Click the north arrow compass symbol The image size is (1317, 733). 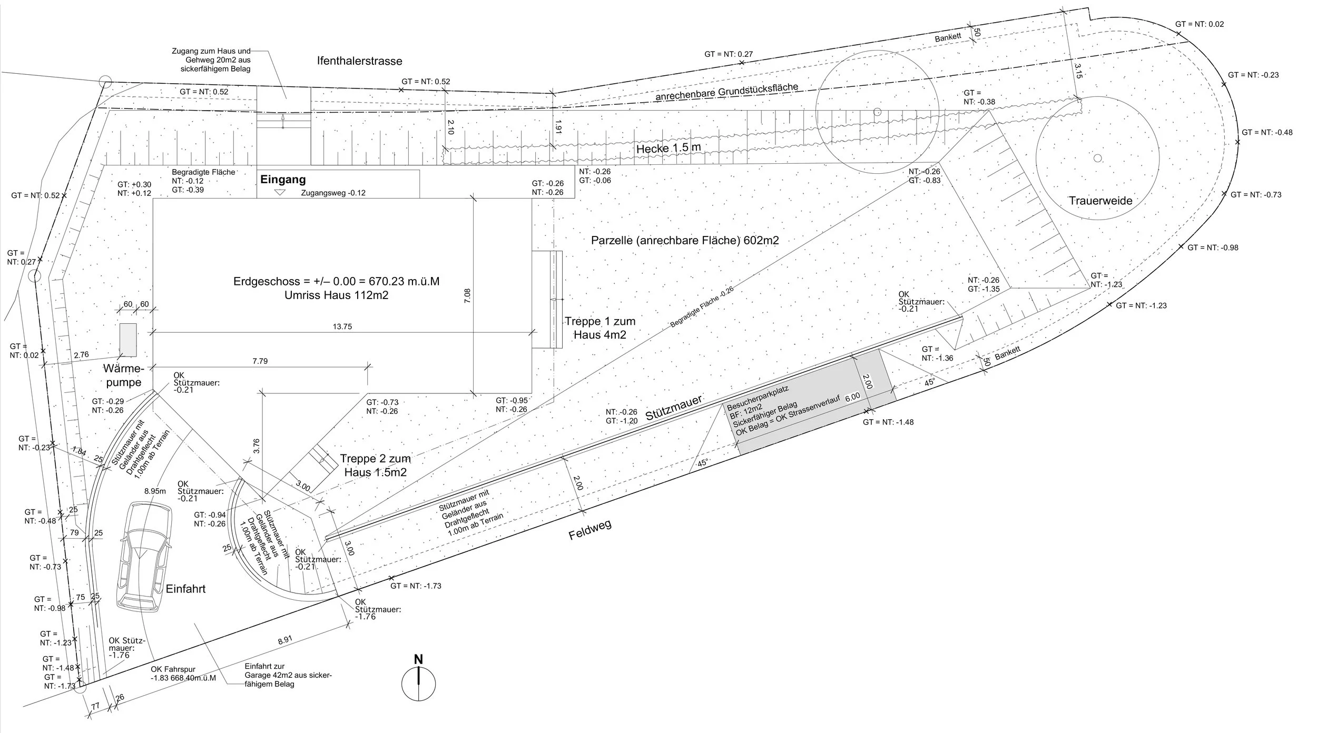pyautogui.click(x=419, y=684)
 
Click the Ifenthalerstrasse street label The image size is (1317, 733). pyautogui.click(x=360, y=61)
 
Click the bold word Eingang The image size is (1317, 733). pyautogui.click(x=283, y=180)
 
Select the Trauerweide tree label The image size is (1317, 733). pyautogui.click(x=1100, y=201)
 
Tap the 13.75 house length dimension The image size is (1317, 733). pyautogui.click(x=342, y=326)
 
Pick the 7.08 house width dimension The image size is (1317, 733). pyautogui.click(x=467, y=295)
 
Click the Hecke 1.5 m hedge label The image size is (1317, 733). pyautogui.click(x=669, y=148)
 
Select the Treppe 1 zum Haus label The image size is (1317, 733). pyautogui.click(x=600, y=328)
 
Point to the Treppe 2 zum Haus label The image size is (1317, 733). pyautogui.click(x=375, y=465)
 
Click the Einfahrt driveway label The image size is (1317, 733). pyautogui.click(x=185, y=589)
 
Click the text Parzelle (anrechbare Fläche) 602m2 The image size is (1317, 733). pyautogui.click(x=685, y=241)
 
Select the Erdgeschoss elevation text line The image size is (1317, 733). pyautogui.click(x=336, y=281)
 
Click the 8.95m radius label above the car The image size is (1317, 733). pyautogui.click(x=155, y=491)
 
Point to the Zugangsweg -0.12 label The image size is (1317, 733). pyautogui.click(x=333, y=193)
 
